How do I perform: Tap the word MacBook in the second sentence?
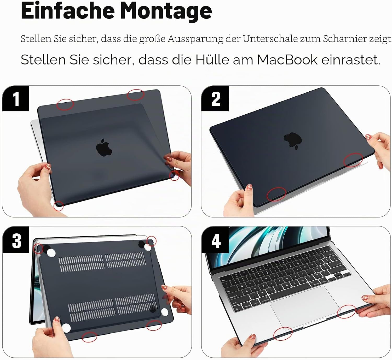click(287, 60)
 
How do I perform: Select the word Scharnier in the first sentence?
click(344, 39)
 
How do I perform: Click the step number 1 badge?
click(16, 99)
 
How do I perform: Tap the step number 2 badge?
click(215, 99)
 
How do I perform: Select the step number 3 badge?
click(16, 240)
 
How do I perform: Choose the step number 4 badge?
click(215, 240)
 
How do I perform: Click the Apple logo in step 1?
click(104, 147)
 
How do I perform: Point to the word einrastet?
click(351, 60)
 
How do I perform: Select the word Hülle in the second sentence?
click(212, 60)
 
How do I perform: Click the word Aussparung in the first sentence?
click(195, 39)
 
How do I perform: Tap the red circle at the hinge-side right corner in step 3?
click(152, 241)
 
